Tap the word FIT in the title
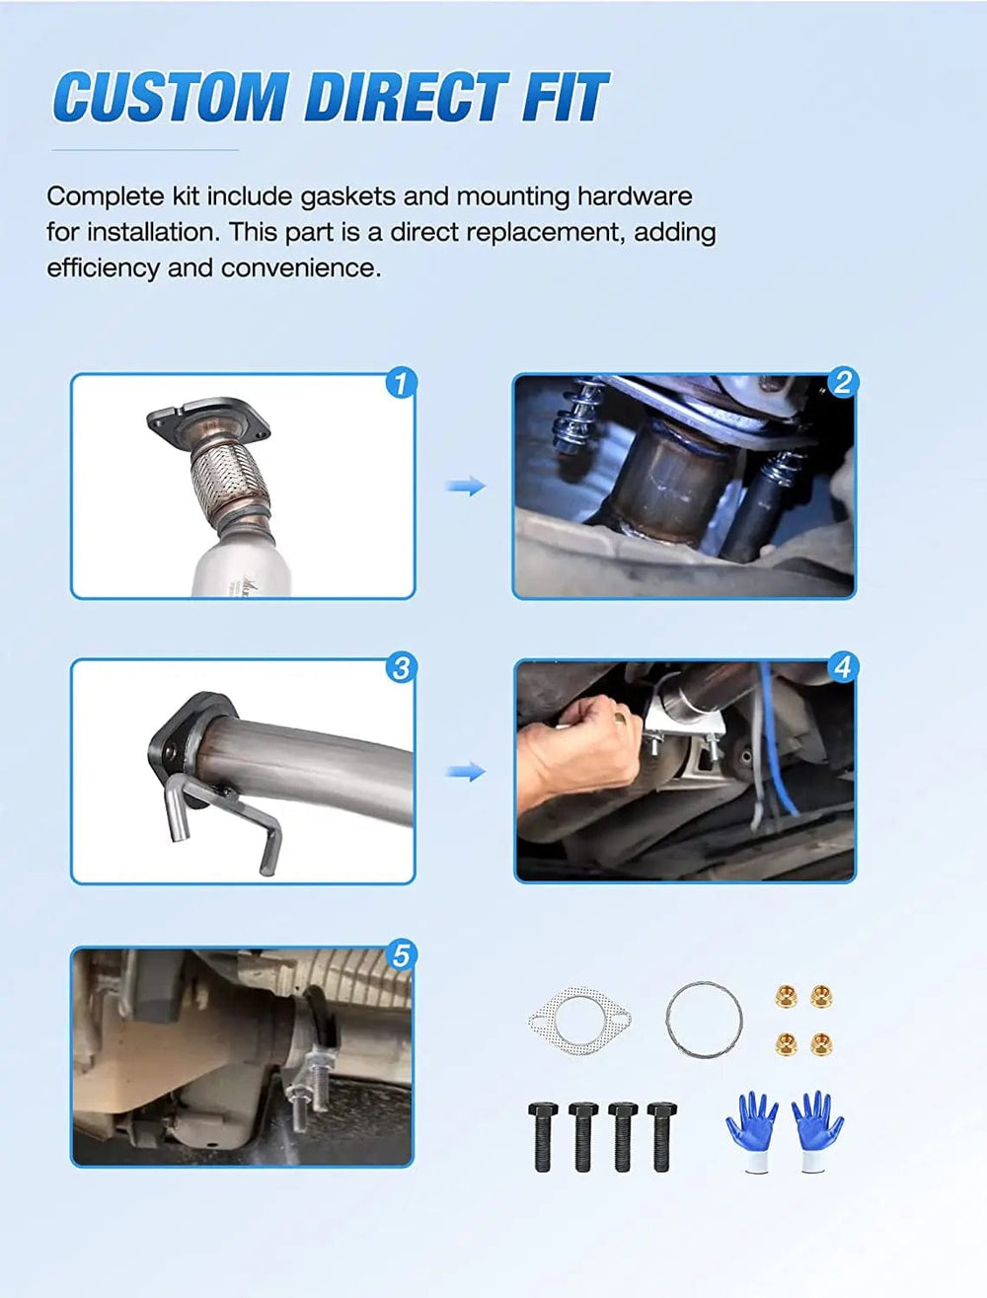click(566, 97)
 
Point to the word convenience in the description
click(301, 268)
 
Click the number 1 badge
click(402, 383)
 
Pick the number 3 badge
click(402, 668)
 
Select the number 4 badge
click(843, 667)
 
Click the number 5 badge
click(402, 955)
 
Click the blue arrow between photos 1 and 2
click(466, 486)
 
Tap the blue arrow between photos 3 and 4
click(466, 772)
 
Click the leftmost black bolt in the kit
click(543, 1136)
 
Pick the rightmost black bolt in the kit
click(662, 1136)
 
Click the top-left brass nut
click(786, 996)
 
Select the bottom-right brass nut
click(821, 1044)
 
